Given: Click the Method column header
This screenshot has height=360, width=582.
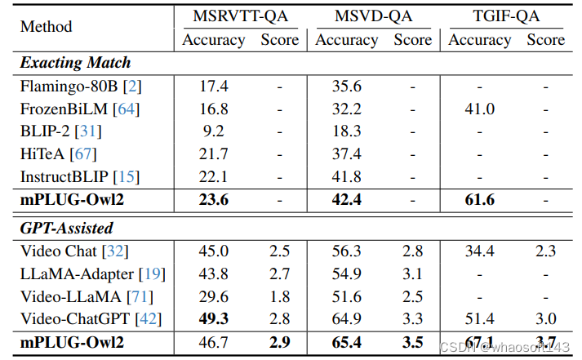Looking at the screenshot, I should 46,27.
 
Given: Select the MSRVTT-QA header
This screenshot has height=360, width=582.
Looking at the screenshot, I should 240,16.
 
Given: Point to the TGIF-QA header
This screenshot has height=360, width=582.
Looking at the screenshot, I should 506,16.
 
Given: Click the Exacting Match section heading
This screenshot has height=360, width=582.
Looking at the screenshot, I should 75,62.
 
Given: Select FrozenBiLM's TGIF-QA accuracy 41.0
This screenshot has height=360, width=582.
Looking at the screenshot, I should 479,108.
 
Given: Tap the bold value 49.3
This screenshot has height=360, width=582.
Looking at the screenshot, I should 212,318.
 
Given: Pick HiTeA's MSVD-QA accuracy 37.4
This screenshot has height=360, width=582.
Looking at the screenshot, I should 346,153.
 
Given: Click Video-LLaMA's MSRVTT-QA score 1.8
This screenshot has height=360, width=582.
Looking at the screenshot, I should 279,296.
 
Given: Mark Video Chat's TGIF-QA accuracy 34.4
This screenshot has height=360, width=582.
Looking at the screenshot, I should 479,251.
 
